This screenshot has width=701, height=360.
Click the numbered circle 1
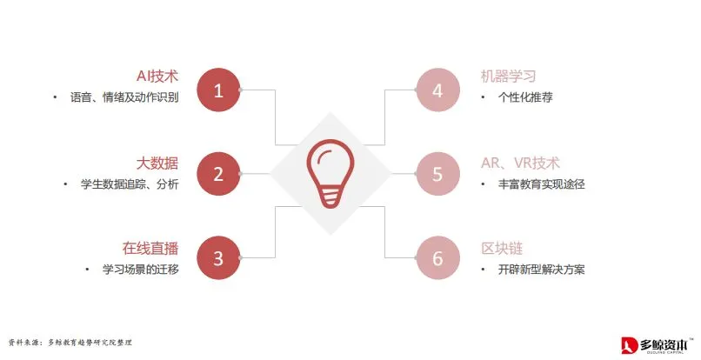click(218, 90)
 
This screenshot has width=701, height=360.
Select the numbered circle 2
click(218, 174)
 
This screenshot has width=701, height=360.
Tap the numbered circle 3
click(218, 258)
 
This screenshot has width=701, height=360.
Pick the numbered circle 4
click(437, 90)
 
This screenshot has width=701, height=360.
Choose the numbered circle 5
click(437, 174)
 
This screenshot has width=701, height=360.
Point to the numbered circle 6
click(437, 258)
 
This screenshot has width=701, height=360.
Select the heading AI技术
click(157, 77)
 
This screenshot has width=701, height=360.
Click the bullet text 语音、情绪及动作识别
click(124, 97)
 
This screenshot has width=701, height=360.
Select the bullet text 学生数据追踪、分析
click(130, 183)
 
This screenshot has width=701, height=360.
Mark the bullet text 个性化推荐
click(525, 97)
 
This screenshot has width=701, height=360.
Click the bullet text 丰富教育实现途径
click(541, 183)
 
